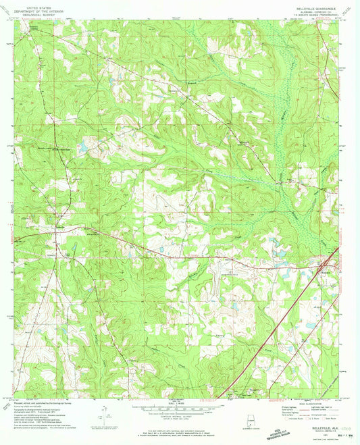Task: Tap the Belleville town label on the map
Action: (61, 227)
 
